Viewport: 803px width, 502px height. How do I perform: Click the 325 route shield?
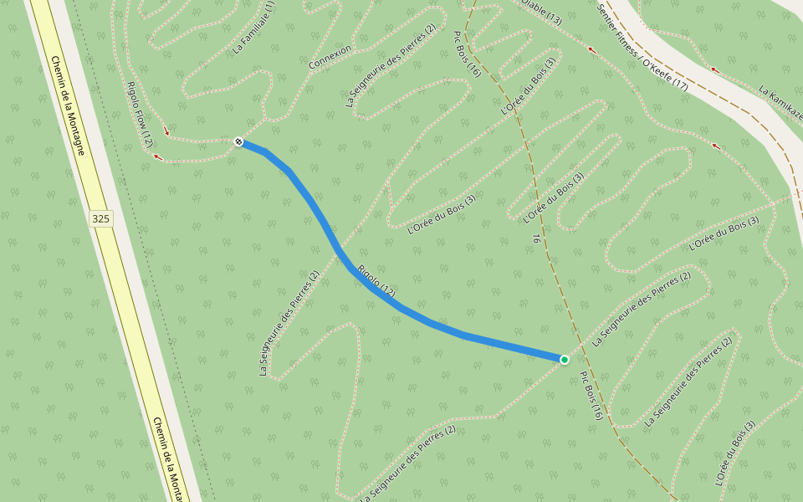point(100,219)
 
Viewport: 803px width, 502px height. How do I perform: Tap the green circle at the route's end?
point(565,360)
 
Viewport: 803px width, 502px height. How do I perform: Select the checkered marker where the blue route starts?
point(238,141)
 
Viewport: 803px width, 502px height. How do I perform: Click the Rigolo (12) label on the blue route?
point(376,281)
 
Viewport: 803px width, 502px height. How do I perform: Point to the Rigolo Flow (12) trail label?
point(140,115)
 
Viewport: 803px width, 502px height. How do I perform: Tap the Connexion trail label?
point(330,58)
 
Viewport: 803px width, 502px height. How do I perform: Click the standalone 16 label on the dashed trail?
point(536,238)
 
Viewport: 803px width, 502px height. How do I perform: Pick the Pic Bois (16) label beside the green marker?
point(591,396)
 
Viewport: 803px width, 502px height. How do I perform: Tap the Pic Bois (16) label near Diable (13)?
point(467,54)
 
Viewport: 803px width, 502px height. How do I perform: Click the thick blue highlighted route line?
point(318,213)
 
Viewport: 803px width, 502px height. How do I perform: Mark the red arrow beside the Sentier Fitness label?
point(592,51)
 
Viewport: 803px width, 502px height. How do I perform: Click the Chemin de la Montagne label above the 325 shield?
point(68,105)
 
